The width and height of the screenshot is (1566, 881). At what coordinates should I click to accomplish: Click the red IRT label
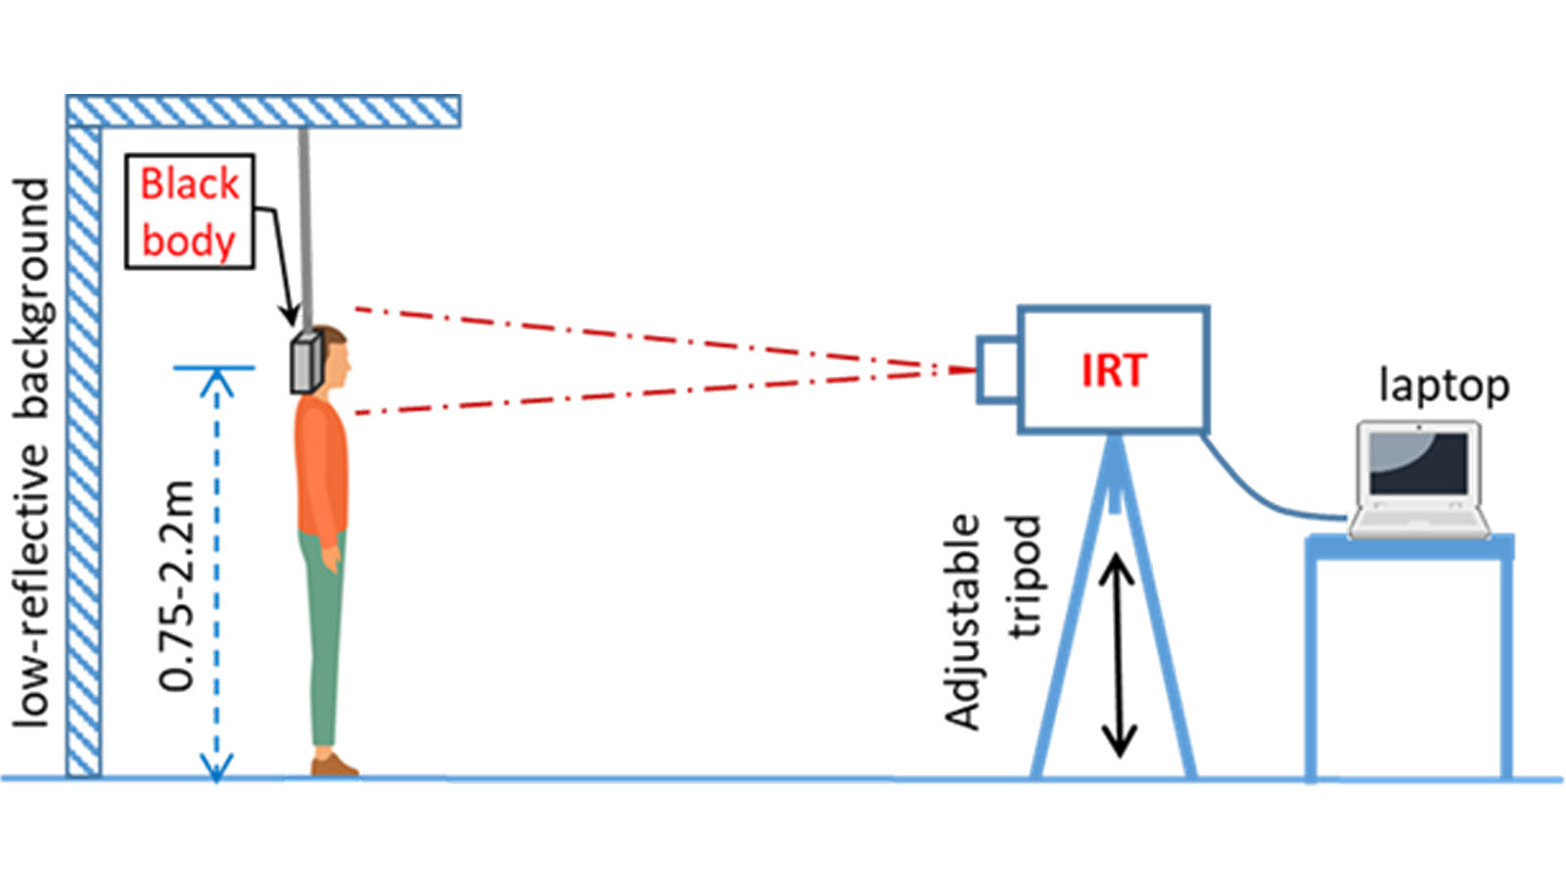pyautogui.click(x=1113, y=371)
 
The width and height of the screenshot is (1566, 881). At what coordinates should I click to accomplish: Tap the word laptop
pyautogui.click(x=1444, y=386)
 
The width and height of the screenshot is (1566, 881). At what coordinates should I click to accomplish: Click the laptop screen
pyautogui.click(x=1418, y=463)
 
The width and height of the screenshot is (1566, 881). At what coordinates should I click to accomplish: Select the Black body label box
pyautogui.click(x=190, y=211)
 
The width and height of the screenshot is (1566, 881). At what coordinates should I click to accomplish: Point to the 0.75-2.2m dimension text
pyautogui.click(x=178, y=585)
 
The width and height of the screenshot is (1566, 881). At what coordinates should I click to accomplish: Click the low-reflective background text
pyautogui.click(x=31, y=450)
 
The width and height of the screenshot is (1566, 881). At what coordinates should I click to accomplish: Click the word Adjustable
pyautogui.click(x=963, y=623)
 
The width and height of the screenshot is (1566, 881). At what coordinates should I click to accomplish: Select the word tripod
pyautogui.click(x=1024, y=578)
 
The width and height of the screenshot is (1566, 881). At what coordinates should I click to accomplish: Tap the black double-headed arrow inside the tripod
pyautogui.click(x=1117, y=656)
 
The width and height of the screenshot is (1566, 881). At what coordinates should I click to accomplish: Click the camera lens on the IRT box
pyautogui.click(x=998, y=368)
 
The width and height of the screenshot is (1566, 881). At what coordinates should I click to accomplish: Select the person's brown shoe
pyautogui.click(x=334, y=765)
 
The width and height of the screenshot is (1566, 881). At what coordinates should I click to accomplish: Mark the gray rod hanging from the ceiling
pyautogui.click(x=305, y=225)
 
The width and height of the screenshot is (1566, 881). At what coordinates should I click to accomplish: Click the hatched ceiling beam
pyautogui.click(x=264, y=112)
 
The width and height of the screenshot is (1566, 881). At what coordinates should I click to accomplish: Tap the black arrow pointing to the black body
pyautogui.click(x=279, y=264)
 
